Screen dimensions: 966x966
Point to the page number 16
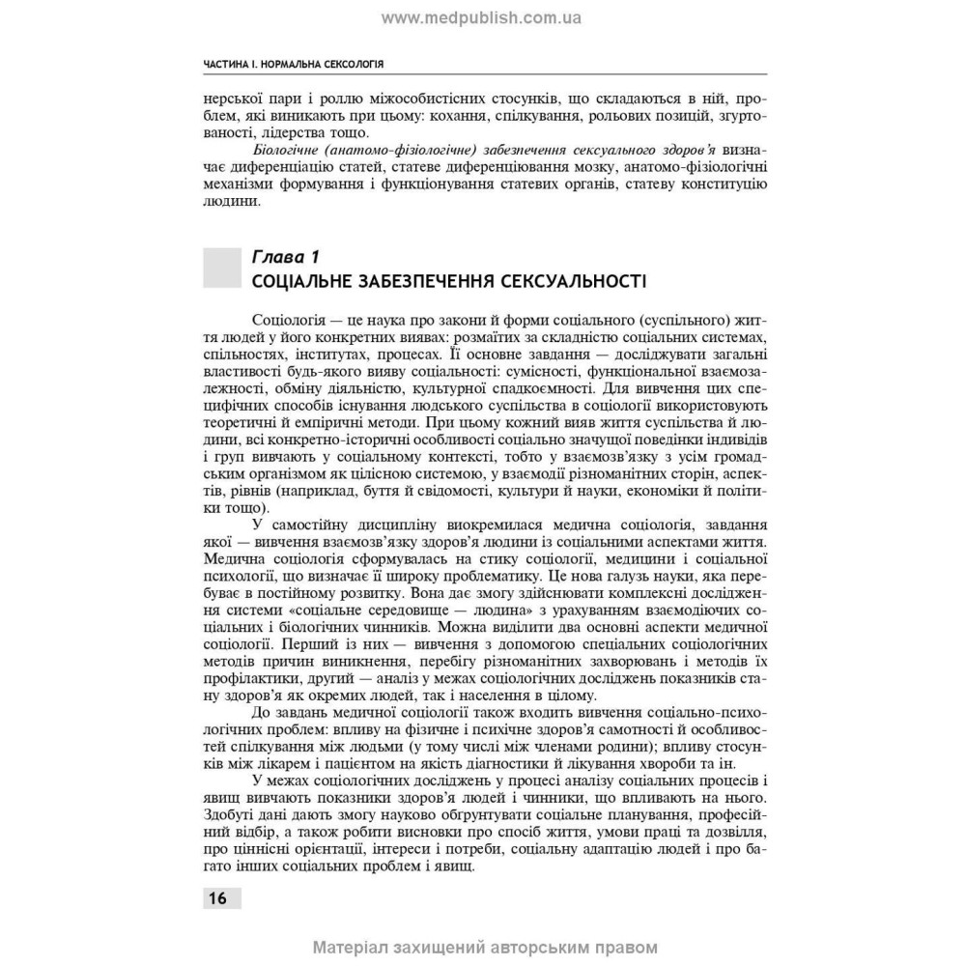[216, 898]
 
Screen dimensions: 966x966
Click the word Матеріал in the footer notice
[351, 947]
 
